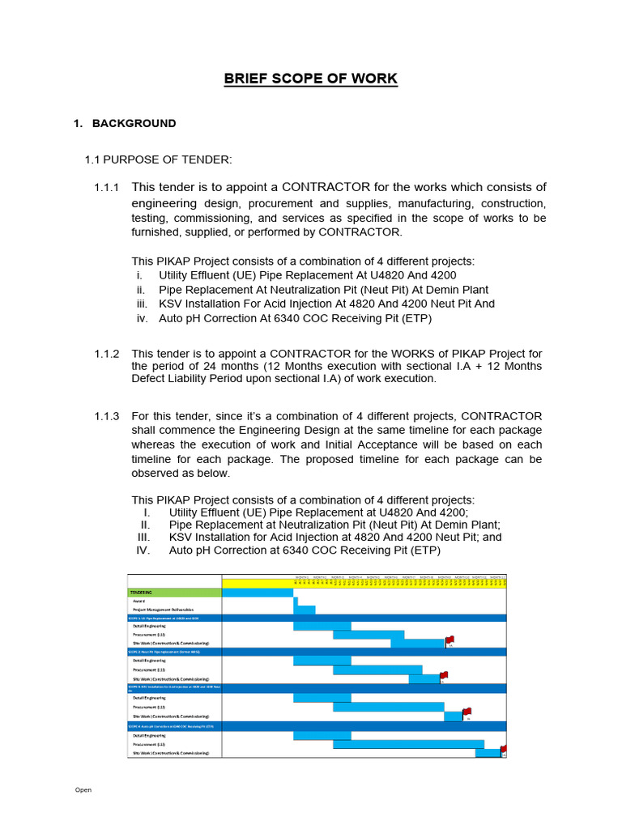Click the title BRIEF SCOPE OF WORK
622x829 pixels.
click(311, 79)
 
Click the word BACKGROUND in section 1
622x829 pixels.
click(134, 123)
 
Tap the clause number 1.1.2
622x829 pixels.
click(106, 354)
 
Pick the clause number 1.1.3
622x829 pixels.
click(106, 416)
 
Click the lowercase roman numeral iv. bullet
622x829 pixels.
click(143, 318)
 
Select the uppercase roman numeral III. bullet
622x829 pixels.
click(144, 537)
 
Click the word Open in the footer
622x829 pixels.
click(83, 789)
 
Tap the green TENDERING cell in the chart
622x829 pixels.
click(174, 593)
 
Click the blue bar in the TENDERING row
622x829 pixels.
click(258, 593)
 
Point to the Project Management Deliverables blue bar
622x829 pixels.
click(306, 610)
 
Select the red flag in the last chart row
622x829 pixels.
click(503, 750)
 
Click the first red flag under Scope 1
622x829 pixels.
click(449, 640)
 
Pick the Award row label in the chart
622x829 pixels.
click(140, 602)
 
